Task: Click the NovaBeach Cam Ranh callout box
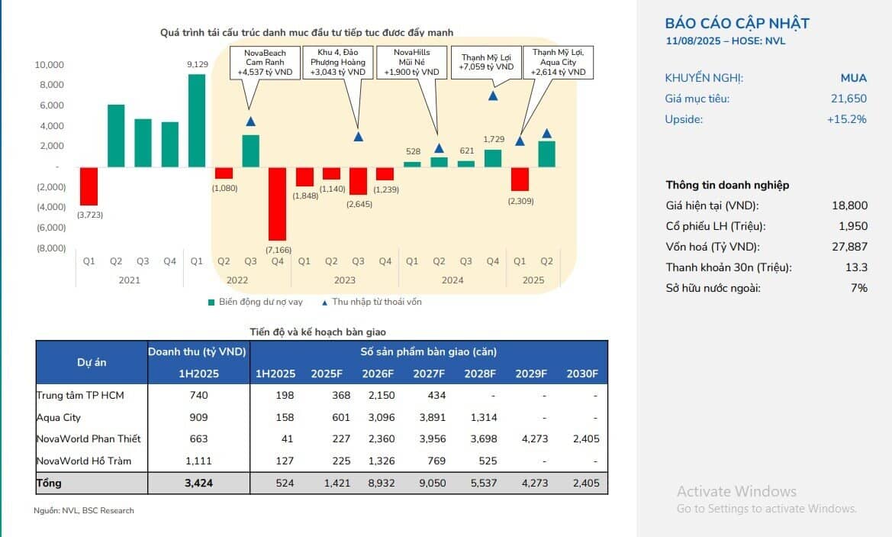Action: coord(265,63)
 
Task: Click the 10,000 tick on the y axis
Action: coord(49,65)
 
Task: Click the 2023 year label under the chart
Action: coord(345,280)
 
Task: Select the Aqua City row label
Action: coord(59,418)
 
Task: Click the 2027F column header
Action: coord(430,374)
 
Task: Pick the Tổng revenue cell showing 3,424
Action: coord(198,484)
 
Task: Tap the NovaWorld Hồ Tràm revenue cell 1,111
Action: coord(198,461)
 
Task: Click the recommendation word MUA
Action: coord(854,78)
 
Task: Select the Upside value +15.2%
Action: coord(847,119)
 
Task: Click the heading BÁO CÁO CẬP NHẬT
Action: coord(736,24)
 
